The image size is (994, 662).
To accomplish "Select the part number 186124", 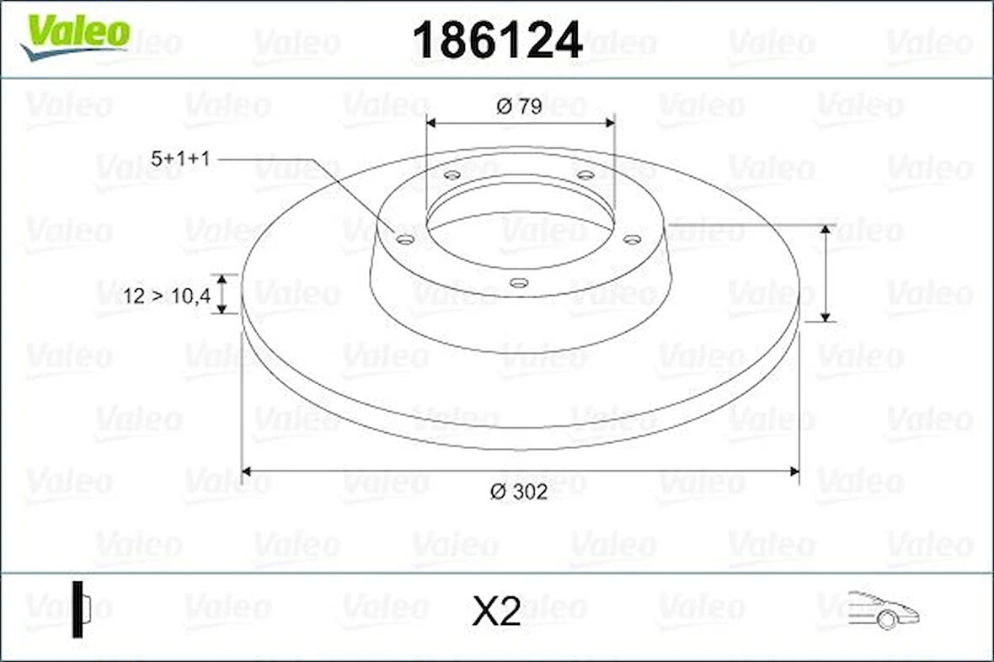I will point(497,40).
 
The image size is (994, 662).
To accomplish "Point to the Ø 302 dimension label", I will point(521,492).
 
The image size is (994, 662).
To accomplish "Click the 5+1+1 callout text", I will point(179,157).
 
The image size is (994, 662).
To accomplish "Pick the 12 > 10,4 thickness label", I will point(166,295).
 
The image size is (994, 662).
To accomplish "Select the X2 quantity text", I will point(496,613).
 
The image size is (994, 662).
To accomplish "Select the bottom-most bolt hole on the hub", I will point(520,283).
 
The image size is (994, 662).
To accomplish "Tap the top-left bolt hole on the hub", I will point(452,175).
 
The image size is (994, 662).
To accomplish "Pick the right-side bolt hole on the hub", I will point(632,240).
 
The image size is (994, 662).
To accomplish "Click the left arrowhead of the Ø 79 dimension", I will point(431,123).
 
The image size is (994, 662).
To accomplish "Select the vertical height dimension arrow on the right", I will point(826,273).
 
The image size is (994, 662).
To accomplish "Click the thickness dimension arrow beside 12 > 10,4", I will point(222,294).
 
